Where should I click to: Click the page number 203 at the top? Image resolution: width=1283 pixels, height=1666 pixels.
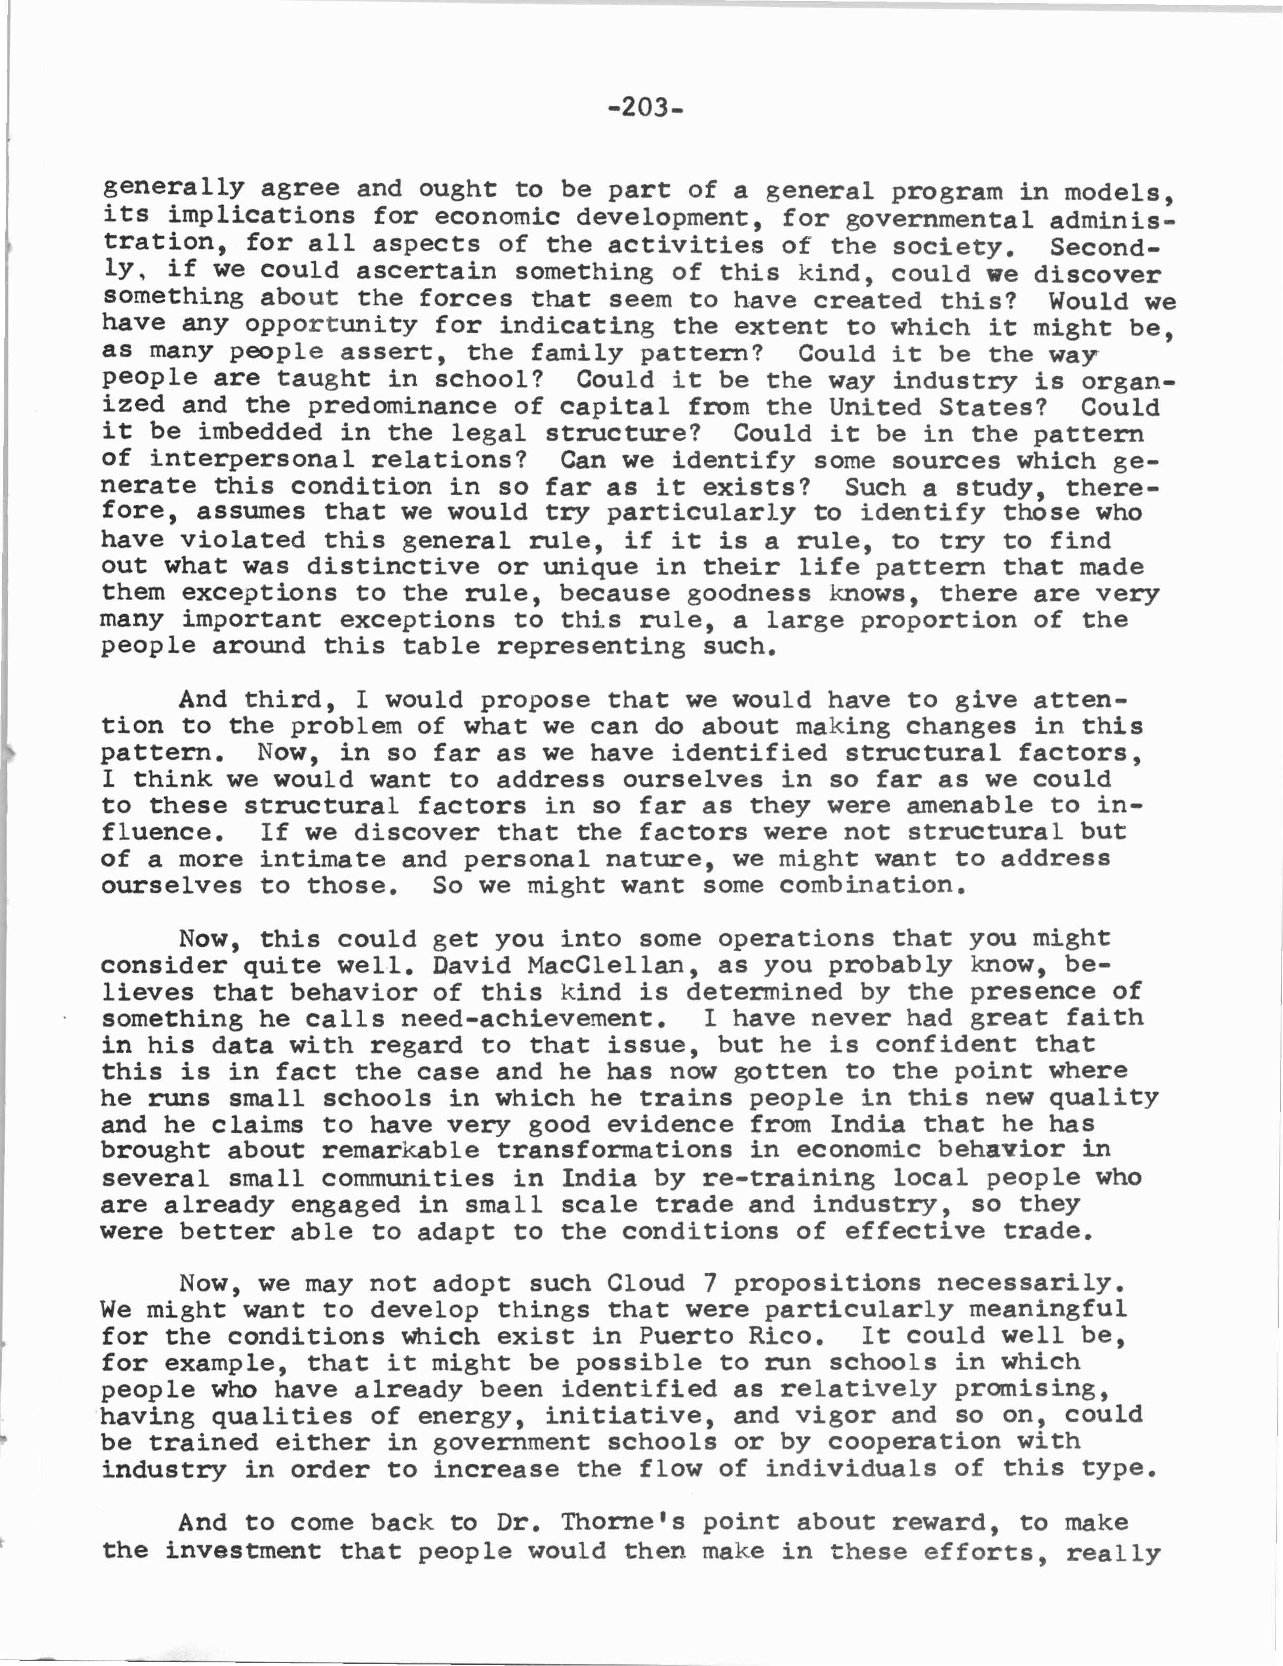645,108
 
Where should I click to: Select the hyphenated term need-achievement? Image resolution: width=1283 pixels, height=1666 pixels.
534,1019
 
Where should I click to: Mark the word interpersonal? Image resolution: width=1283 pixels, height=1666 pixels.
252,460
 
